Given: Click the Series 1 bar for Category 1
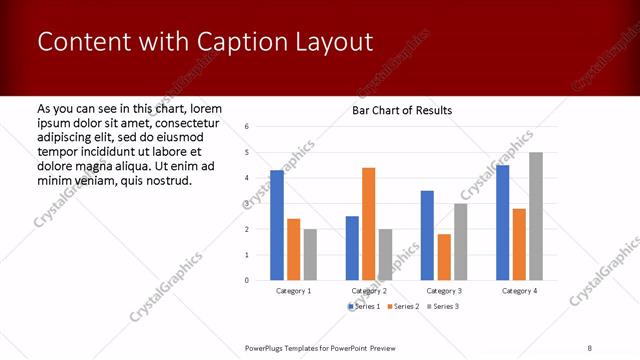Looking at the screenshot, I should point(277,225).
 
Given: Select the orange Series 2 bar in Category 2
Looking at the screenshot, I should point(368,224).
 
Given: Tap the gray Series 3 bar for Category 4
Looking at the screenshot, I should point(535,216).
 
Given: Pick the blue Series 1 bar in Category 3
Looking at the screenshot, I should point(427,235).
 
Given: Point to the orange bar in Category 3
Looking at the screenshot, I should point(443,257).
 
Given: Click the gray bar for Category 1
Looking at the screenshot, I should point(310,254).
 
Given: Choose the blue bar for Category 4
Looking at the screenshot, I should point(502,222).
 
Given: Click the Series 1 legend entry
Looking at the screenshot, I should point(364,305).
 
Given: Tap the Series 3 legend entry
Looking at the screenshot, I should point(444,305).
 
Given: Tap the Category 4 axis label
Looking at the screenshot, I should point(518,290).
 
